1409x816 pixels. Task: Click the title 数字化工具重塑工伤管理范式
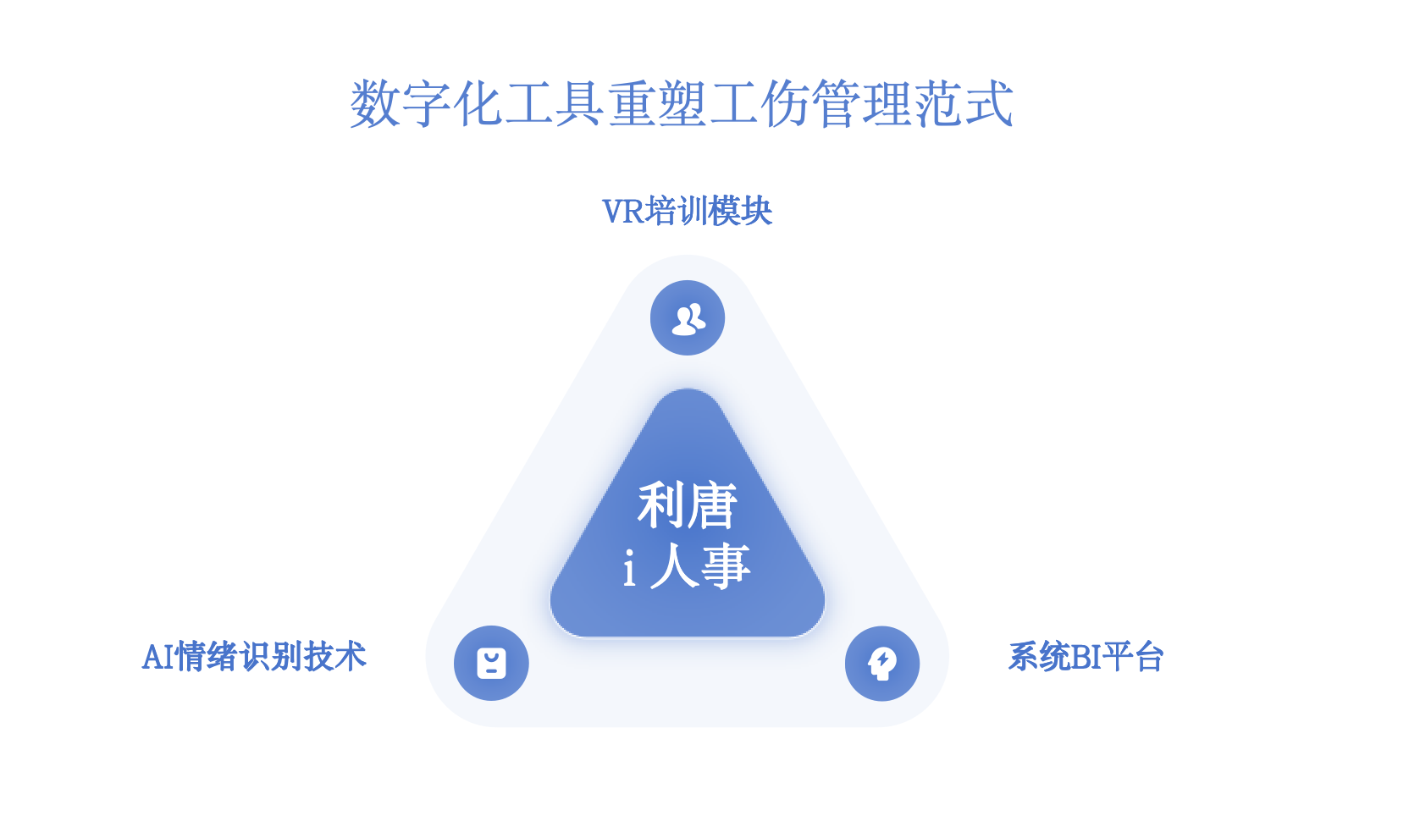(x=682, y=104)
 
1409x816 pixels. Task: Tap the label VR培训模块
(x=687, y=212)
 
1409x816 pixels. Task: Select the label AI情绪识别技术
(x=254, y=657)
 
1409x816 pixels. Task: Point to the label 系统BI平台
(x=1086, y=657)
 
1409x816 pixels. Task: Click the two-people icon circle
(x=688, y=318)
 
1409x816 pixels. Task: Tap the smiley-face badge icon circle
(x=491, y=663)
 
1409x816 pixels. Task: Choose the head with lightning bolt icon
(x=882, y=664)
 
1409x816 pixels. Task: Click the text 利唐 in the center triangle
(x=687, y=505)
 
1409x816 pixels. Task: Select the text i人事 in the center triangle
(x=687, y=566)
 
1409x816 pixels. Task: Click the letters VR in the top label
(x=623, y=212)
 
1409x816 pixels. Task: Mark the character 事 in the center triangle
(x=726, y=566)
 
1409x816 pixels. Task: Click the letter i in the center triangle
(x=629, y=568)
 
